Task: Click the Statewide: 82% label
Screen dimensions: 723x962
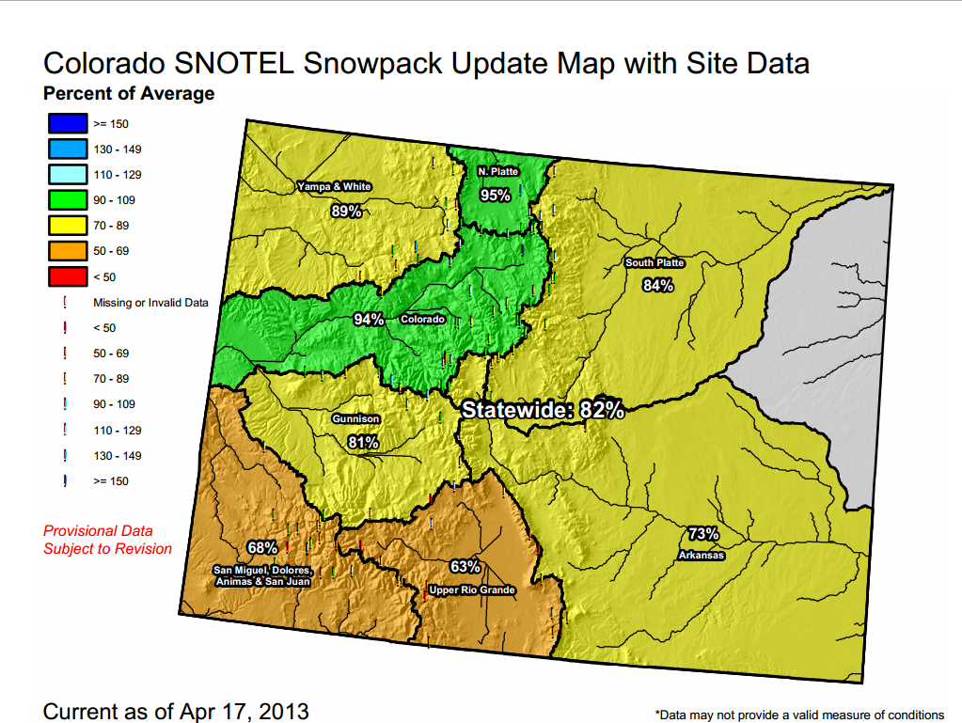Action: point(543,410)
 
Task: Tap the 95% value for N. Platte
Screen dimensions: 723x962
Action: point(495,195)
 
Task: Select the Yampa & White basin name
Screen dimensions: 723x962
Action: point(334,186)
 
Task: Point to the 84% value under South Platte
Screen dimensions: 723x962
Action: point(657,285)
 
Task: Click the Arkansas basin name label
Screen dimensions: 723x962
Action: point(701,556)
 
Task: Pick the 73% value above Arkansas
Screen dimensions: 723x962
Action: point(702,534)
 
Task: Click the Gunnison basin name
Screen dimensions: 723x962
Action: point(355,418)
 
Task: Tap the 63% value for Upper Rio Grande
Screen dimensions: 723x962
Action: point(465,567)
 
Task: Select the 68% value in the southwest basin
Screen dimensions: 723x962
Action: point(262,547)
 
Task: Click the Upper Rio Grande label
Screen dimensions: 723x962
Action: point(471,590)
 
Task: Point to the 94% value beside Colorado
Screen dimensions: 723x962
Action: point(369,320)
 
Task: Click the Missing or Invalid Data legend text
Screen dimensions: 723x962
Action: point(150,303)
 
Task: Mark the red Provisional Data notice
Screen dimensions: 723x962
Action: point(107,540)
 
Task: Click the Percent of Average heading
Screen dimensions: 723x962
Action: point(129,93)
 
